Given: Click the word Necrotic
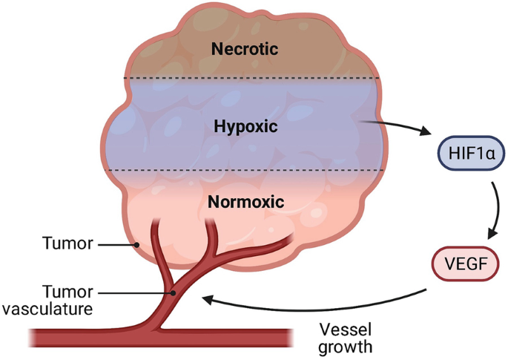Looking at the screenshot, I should (x=244, y=50).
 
